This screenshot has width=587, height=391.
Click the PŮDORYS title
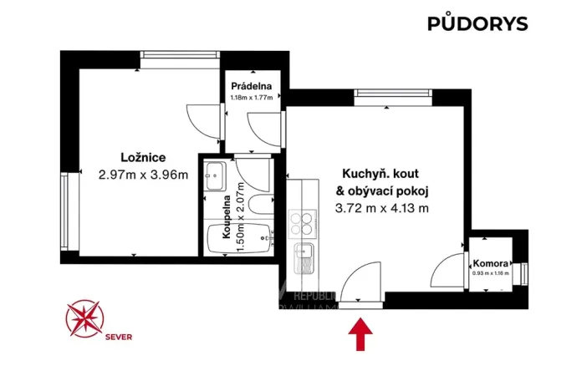coord(477,23)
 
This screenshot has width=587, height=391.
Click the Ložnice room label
coord(142,157)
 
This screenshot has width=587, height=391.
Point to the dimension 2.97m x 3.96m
coord(142,175)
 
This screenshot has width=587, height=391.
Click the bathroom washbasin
coord(215,175)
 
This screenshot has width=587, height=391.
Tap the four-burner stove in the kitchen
coord(301,223)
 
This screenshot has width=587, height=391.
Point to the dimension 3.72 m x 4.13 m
coord(381,208)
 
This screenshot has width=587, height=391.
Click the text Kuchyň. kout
coord(375,174)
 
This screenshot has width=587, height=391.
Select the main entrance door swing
coord(363,280)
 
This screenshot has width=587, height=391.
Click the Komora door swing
coord(450,269)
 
